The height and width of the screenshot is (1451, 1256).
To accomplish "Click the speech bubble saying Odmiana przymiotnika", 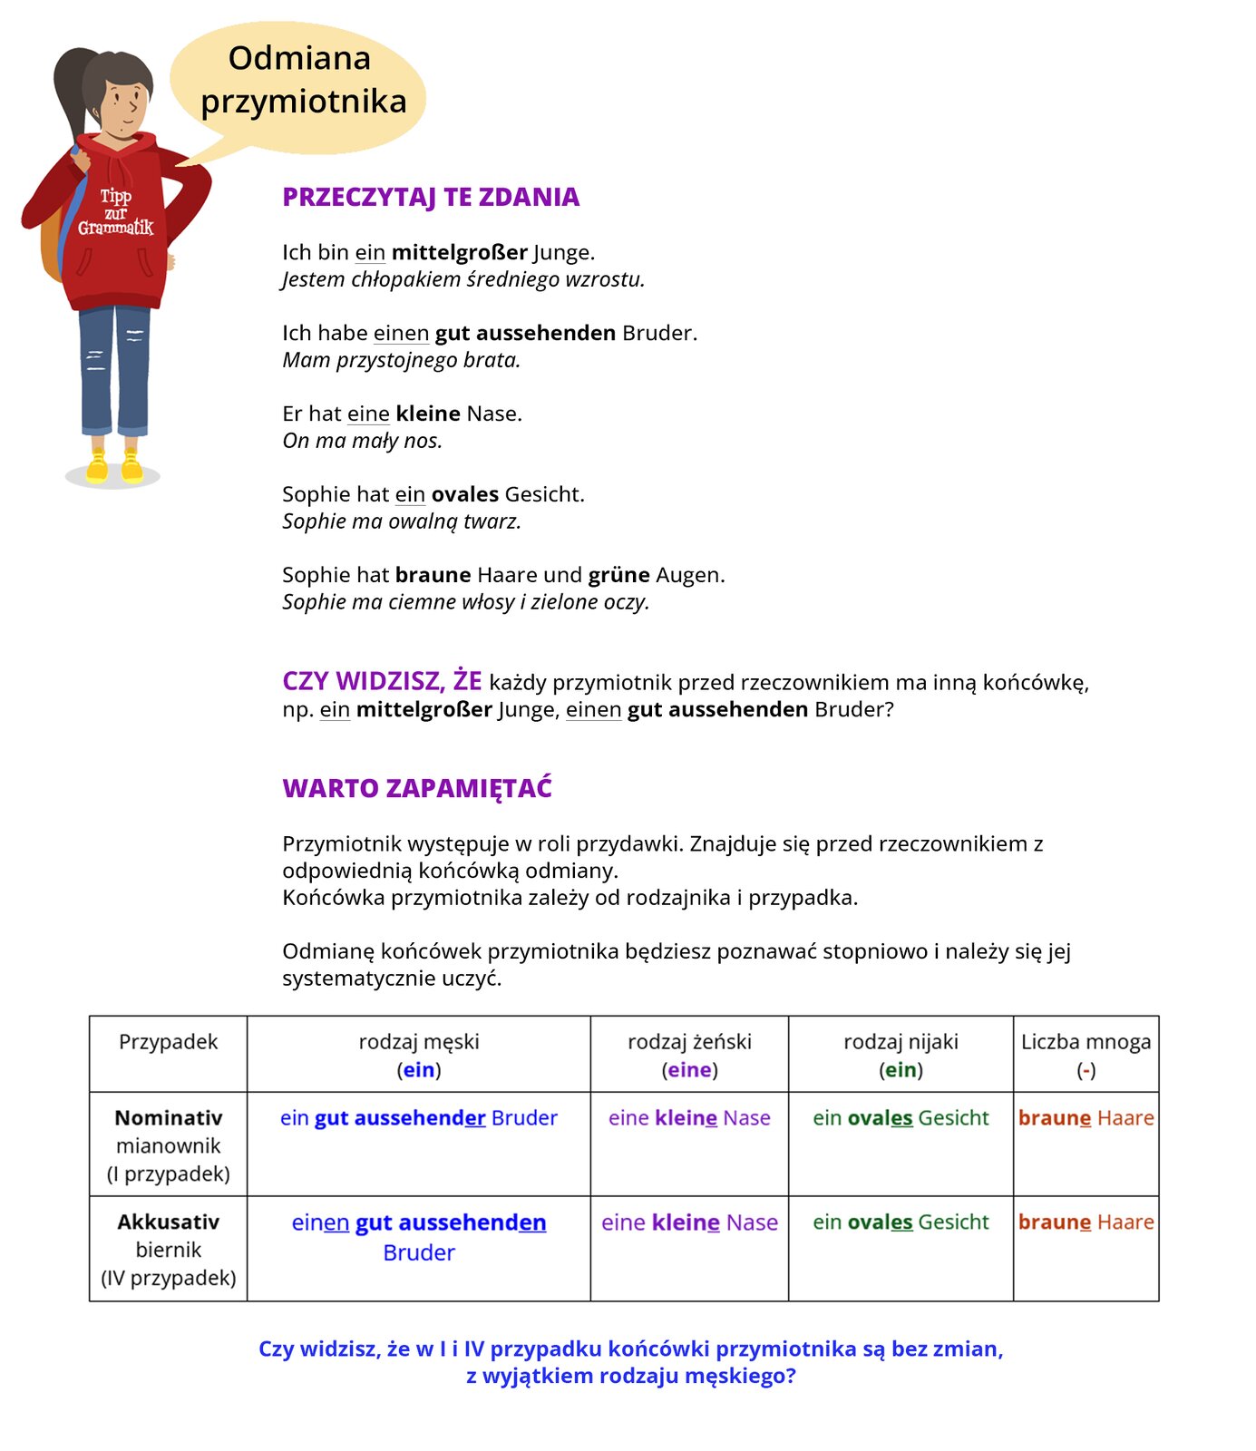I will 299,82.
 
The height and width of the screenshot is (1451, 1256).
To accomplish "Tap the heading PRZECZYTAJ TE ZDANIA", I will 431,197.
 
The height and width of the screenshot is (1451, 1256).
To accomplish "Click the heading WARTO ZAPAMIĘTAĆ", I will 417,788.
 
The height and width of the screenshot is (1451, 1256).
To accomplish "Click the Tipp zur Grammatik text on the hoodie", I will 116,212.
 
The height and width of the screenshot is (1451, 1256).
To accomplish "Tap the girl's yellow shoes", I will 114,466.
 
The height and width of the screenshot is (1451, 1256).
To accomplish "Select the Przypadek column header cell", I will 168,1043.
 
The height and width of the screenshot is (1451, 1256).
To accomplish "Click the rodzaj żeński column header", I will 689,1055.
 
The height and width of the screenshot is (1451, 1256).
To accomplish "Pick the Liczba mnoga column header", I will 1086,1055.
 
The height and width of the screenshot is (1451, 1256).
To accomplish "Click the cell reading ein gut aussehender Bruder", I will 418,1118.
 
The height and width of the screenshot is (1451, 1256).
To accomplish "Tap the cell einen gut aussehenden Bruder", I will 418,1236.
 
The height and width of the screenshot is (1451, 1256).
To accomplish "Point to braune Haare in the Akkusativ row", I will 1086,1222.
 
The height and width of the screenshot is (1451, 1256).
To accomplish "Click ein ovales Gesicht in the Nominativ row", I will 901,1118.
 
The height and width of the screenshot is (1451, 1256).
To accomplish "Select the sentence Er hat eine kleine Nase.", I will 402,414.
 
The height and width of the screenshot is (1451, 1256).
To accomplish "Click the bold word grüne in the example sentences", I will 618,575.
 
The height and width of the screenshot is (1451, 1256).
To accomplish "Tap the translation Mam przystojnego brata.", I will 401,360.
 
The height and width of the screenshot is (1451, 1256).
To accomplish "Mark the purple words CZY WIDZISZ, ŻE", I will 382,681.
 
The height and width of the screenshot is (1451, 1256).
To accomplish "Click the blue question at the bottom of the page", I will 630,1361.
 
